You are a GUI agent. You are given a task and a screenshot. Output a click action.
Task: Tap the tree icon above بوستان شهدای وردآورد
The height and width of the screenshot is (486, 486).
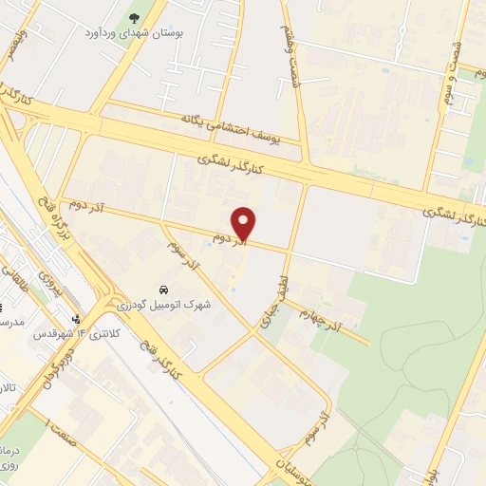coord(133,17)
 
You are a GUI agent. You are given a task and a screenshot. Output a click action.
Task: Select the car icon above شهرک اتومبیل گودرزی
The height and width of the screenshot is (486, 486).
coord(163,288)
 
